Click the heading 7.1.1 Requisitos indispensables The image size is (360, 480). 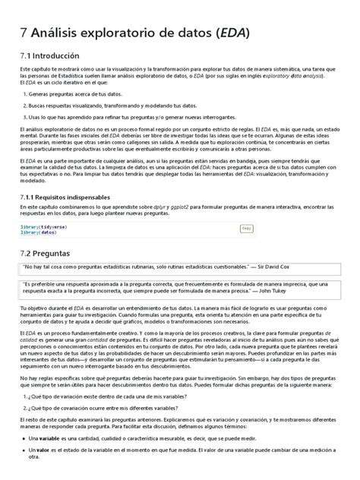click(63, 195)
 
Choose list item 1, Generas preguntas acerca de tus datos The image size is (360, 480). click(80, 94)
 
